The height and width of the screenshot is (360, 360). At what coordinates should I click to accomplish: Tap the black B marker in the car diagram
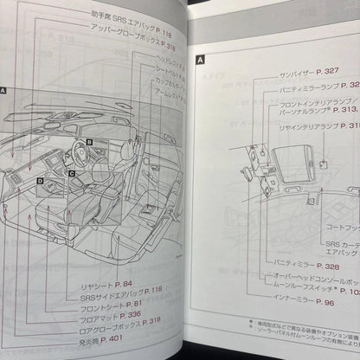(x=90, y=140)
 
